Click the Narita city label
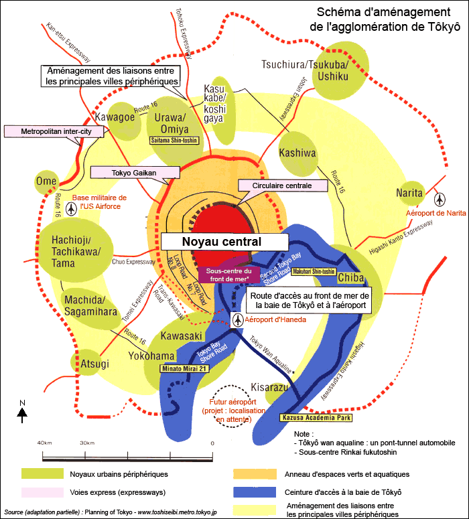pos(409,193)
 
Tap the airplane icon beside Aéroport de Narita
pos(440,199)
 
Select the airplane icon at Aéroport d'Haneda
pos(238,320)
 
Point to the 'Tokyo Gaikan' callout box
pos(133,173)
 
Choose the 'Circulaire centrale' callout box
pos(281,186)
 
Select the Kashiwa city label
pos(297,153)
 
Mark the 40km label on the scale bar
pos(44,443)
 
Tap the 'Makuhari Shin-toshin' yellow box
pos(314,271)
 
